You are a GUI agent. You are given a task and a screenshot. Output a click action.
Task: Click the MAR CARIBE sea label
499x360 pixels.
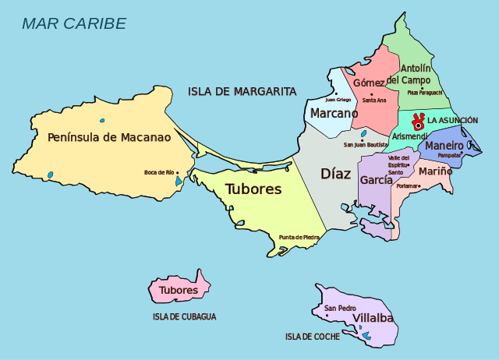tap(73, 23)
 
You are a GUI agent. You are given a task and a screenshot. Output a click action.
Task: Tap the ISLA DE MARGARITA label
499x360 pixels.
tap(242, 91)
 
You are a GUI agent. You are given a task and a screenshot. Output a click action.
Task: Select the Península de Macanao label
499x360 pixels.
tap(109, 137)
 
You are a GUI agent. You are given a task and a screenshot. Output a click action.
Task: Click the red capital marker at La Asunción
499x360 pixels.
tap(418, 121)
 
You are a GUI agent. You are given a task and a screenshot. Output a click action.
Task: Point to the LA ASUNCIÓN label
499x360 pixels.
tap(452, 120)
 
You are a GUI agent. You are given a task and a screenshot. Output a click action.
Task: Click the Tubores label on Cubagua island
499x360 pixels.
tap(179, 291)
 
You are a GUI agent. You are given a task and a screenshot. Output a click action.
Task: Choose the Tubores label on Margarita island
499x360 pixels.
tap(253, 189)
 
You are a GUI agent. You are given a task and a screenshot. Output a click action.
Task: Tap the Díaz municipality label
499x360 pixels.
tap(336, 173)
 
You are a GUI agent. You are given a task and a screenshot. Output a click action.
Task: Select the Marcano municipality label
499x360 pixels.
tap(334, 113)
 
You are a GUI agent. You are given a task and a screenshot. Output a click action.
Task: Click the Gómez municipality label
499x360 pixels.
tap(369, 83)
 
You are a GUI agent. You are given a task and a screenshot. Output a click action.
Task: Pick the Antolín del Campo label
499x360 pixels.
tap(409, 74)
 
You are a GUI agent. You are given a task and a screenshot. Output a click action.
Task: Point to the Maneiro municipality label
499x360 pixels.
tap(444, 146)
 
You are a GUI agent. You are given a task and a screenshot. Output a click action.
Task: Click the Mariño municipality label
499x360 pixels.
tap(435, 171)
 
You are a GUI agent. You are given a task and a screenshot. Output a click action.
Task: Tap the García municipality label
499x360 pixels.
tap(376, 179)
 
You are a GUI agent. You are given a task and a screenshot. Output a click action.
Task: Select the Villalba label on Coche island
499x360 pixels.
tap(373, 319)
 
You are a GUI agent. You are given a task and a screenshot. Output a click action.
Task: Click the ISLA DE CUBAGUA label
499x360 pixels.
tap(185, 317)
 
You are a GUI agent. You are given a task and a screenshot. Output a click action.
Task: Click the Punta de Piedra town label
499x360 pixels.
tap(299, 237)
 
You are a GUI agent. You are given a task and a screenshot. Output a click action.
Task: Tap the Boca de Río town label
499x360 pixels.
tap(158, 172)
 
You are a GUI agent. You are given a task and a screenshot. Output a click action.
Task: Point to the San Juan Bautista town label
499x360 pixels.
tap(366, 145)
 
